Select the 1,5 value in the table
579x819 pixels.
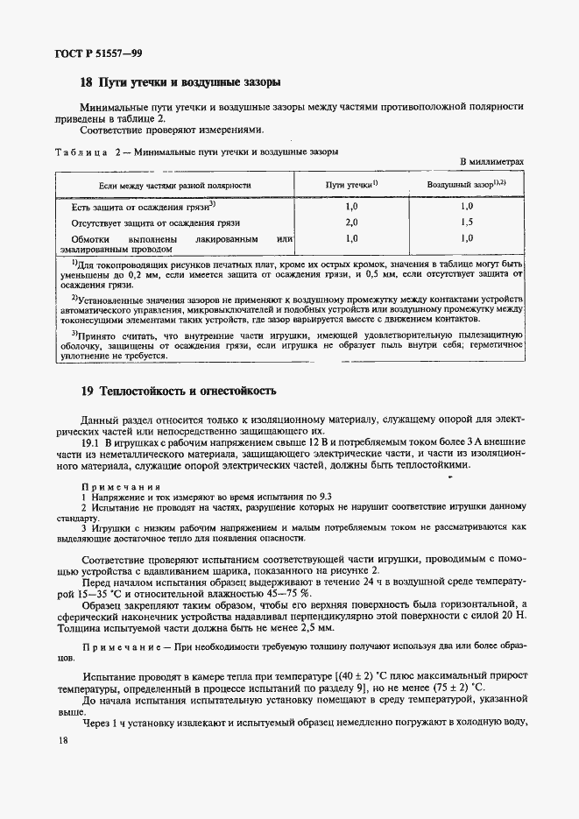467,223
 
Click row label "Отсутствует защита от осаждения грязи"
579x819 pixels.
144,223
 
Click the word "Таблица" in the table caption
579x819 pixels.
81,151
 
